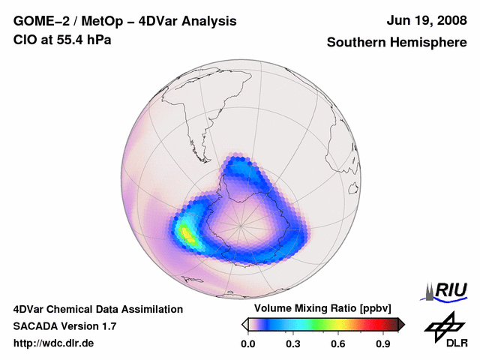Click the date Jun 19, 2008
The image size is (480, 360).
pos(424,21)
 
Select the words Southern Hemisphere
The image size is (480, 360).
pos(396,43)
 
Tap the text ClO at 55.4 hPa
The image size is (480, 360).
pos(63,40)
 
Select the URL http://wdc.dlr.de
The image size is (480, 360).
pos(54,343)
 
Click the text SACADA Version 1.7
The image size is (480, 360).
pos(64,326)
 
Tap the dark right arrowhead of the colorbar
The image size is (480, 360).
pos(401,324)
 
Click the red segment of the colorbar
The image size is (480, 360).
pos(367,324)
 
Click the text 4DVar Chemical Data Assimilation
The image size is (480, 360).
pos(97,309)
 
